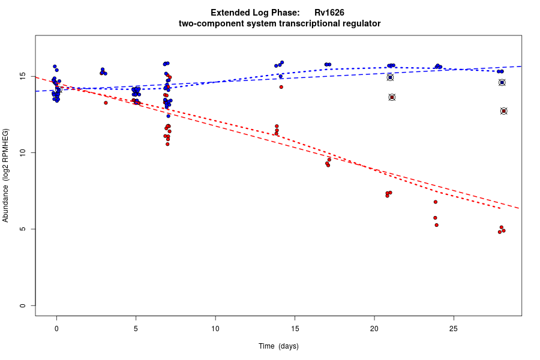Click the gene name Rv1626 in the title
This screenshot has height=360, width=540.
(329, 13)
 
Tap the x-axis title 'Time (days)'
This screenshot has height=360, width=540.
(278, 346)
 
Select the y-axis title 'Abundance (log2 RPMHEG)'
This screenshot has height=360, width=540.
(6, 175)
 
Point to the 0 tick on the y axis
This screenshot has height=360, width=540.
(23, 305)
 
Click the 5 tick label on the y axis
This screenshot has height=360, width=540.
(23, 229)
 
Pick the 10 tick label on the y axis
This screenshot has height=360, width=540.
(23, 153)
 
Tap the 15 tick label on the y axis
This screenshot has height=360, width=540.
(23, 77)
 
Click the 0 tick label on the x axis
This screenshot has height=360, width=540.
(56, 328)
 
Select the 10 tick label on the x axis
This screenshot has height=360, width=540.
(215, 328)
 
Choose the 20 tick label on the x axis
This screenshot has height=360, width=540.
(374, 328)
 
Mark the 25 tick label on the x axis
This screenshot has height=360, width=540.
(454, 328)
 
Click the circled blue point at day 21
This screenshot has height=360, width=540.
(390, 77)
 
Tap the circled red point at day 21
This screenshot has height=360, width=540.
(392, 97)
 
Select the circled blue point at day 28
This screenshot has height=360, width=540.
(502, 82)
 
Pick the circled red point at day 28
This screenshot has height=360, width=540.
(503, 111)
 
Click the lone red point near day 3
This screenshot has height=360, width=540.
(106, 103)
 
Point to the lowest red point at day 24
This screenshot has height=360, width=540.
(436, 225)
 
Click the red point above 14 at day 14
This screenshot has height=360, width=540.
(281, 87)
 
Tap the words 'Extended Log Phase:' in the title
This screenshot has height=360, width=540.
(255, 13)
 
